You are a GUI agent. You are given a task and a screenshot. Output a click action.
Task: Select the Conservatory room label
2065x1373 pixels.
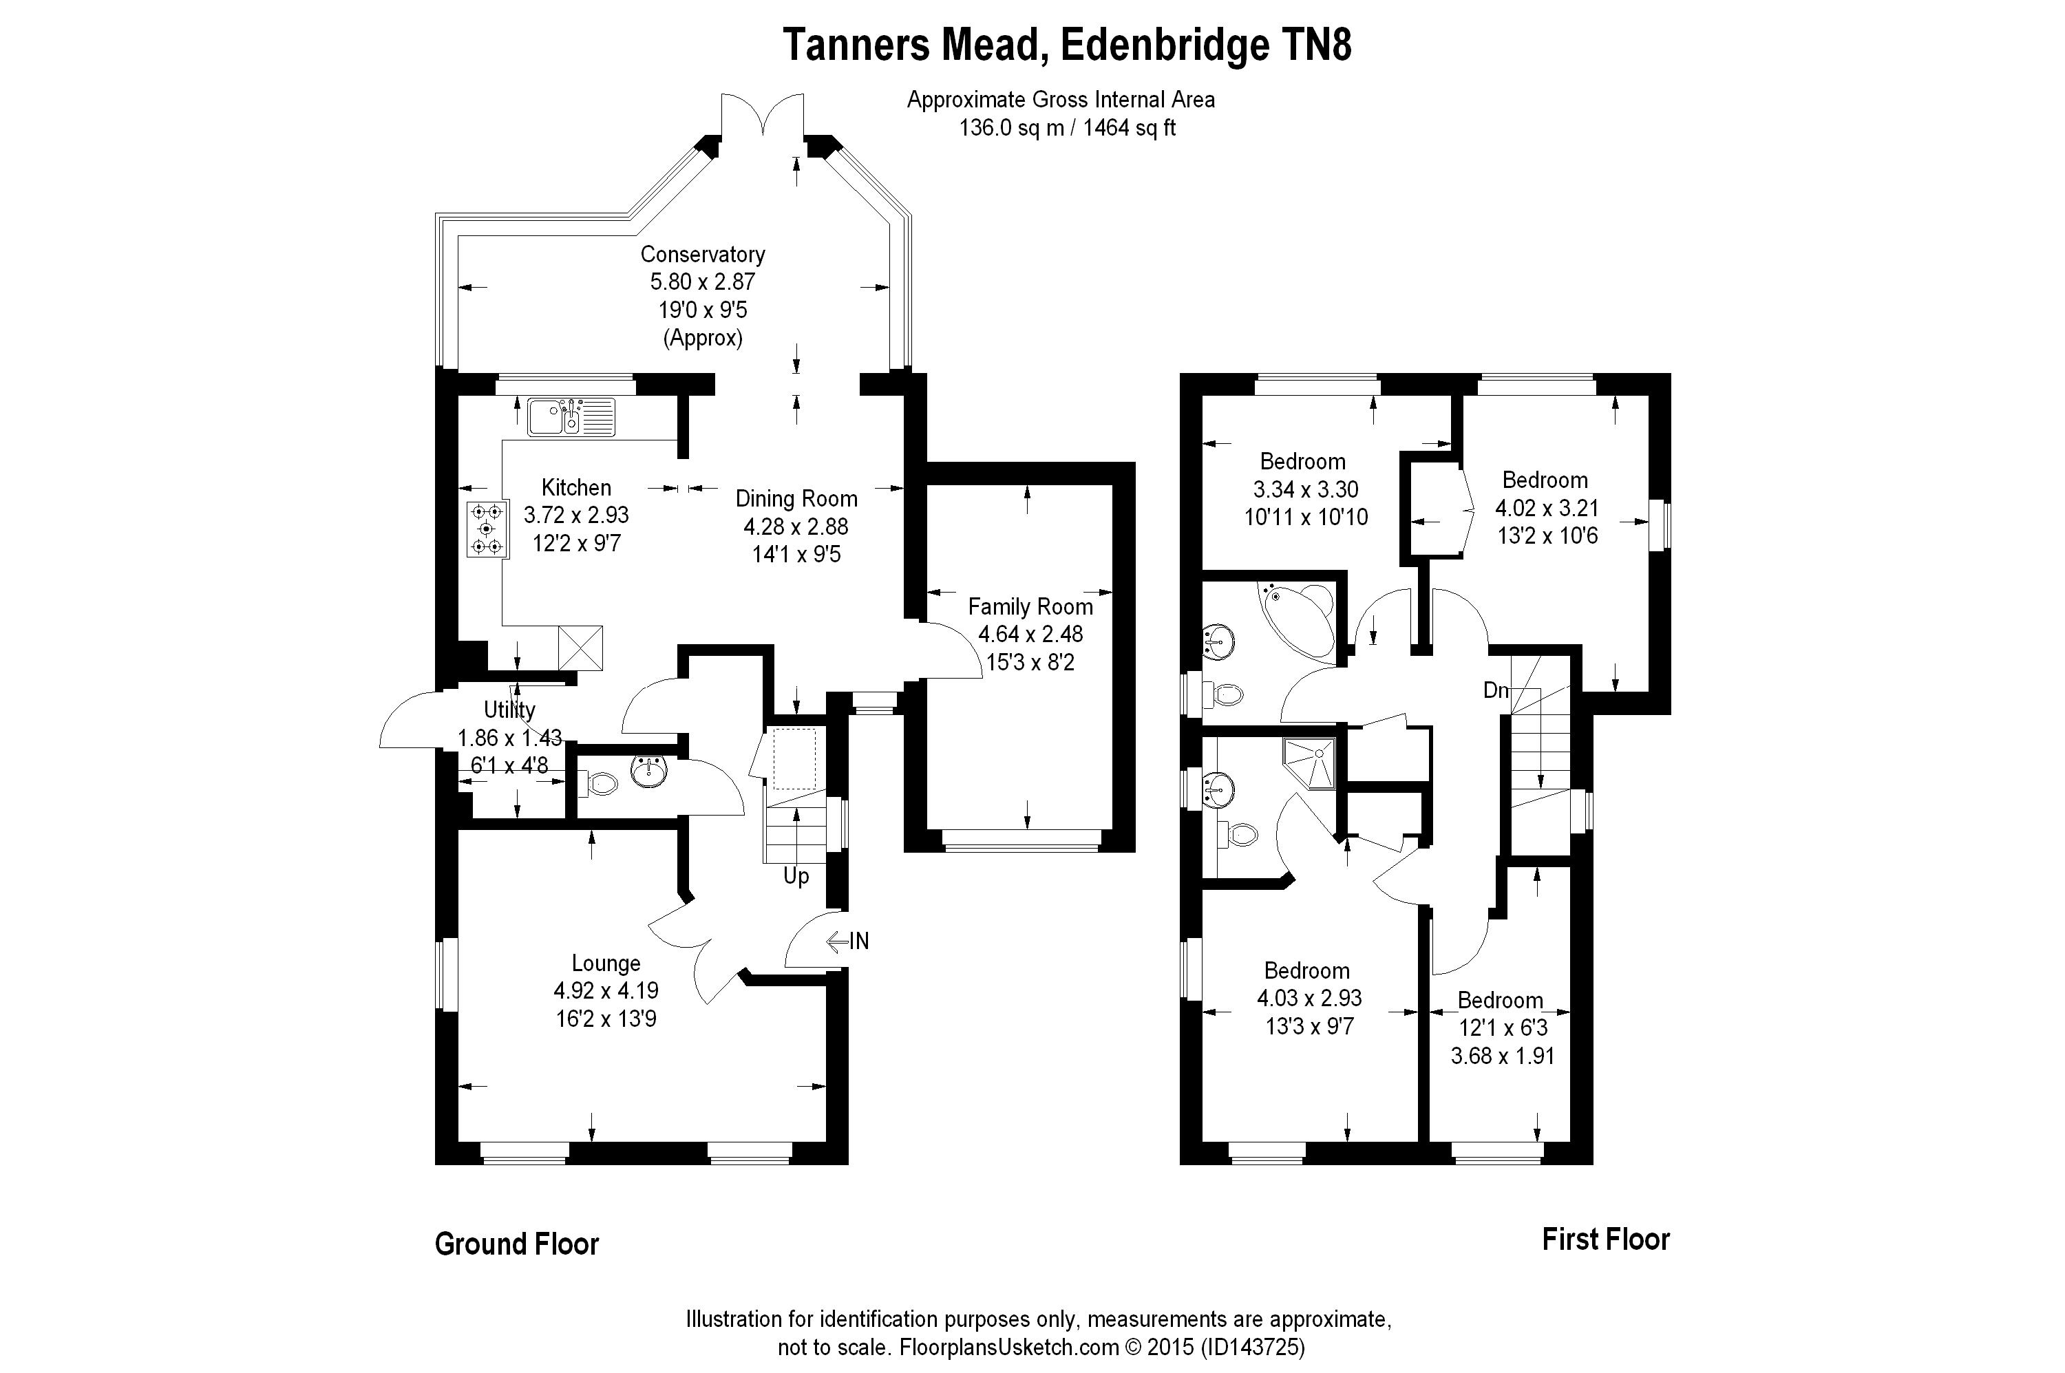click(702, 254)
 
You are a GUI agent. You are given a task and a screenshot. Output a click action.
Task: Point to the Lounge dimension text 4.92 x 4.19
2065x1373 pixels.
click(606, 990)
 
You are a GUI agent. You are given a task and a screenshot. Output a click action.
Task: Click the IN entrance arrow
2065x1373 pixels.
click(848, 941)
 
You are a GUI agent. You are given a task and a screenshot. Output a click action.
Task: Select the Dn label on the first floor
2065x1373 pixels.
click(1496, 690)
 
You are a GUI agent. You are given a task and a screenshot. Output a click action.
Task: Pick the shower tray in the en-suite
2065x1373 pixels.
click(1309, 763)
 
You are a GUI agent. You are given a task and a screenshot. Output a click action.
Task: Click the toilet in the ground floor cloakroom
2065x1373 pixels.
click(597, 782)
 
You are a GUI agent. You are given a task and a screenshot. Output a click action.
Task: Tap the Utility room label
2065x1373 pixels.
click(509, 710)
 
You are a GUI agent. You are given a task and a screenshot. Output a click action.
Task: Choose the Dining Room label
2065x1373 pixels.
click(796, 498)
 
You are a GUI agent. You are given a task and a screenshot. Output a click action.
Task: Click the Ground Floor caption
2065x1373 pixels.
click(517, 1244)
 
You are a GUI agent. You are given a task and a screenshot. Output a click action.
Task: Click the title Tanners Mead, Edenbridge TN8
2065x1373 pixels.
click(1067, 45)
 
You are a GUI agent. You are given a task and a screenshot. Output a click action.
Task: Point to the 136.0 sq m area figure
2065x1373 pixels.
click(1011, 128)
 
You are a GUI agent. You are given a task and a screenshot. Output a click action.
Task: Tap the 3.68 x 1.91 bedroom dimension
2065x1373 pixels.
click(1503, 1056)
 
